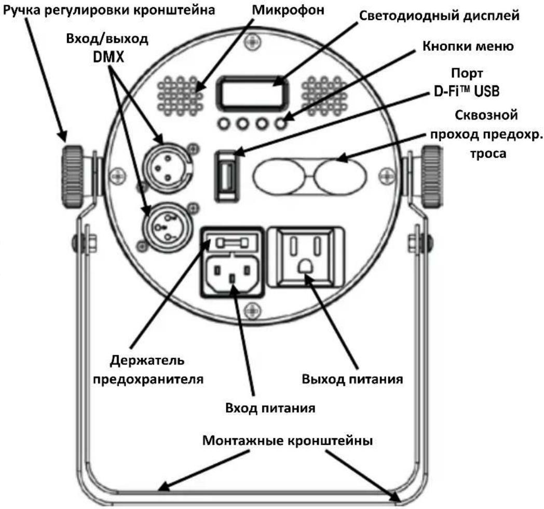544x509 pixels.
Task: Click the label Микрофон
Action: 288,10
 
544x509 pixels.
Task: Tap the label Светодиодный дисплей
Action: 439,16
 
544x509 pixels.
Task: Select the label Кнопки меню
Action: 468,46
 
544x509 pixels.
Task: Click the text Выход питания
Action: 352,379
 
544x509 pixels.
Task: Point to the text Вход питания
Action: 270,408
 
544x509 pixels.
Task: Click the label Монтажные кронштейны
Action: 287,441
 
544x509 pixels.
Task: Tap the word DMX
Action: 108,57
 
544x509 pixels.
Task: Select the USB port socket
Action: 227,176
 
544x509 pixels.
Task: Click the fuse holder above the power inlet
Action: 232,242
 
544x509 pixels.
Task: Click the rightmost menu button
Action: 281,124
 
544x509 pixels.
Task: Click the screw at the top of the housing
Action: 252,41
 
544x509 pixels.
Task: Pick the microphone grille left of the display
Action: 180,96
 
